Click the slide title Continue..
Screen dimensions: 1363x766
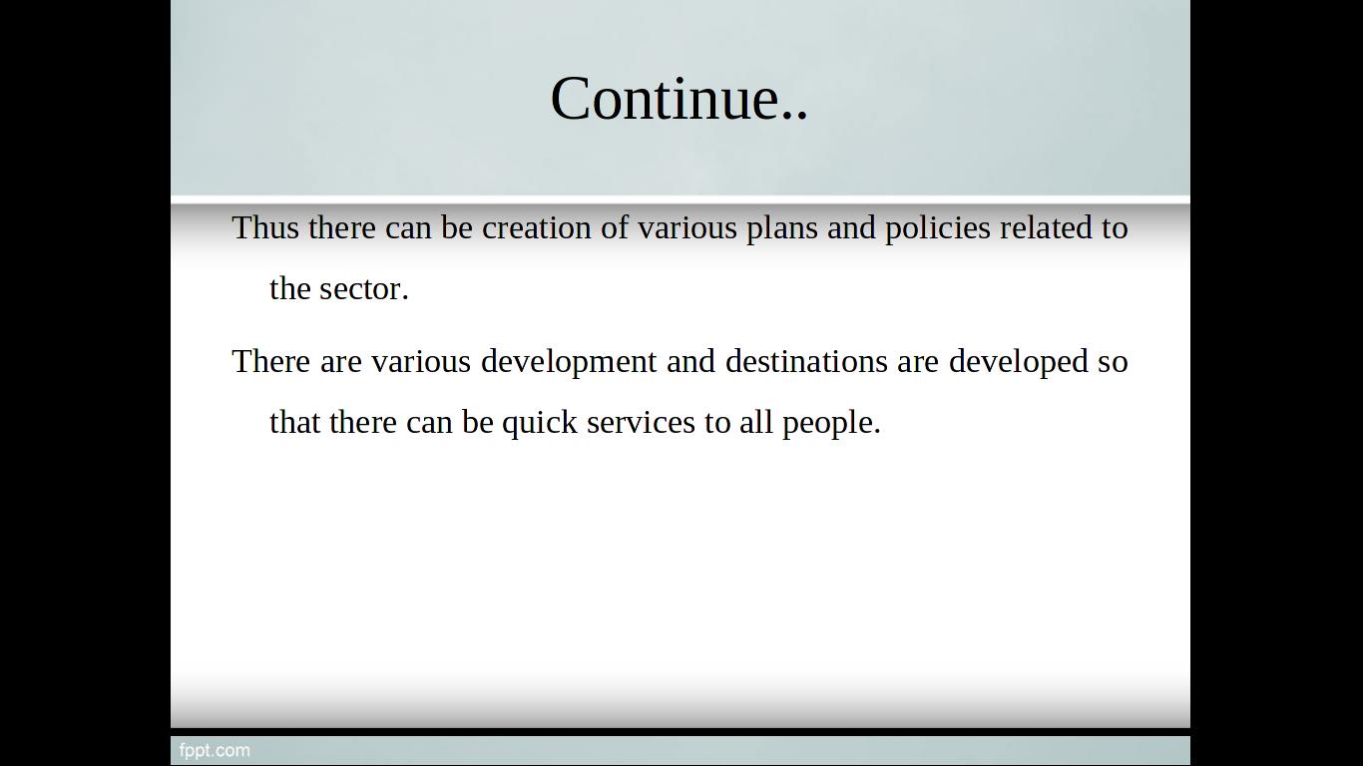click(x=680, y=98)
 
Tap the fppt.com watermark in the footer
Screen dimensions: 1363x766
click(x=215, y=751)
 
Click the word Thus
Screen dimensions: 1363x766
click(x=265, y=227)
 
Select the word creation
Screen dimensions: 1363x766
click(x=536, y=227)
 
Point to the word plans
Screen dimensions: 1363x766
click(x=782, y=228)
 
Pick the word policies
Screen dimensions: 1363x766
click(x=938, y=228)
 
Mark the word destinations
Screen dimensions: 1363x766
click(x=806, y=361)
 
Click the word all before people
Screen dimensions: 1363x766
click(x=756, y=422)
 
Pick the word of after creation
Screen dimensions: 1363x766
click(x=615, y=227)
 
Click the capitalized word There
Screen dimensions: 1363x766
click(x=271, y=361)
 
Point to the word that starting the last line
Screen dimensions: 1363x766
click(x=295, y=422)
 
